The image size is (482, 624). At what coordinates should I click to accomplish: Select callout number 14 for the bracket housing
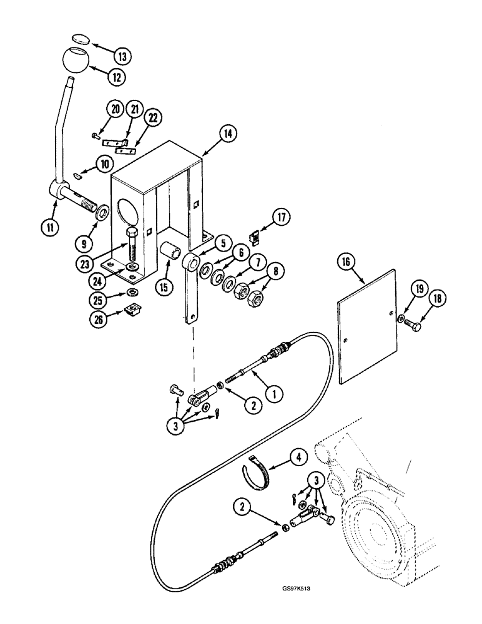(227, 132)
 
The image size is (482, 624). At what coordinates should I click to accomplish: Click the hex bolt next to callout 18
(413, 324)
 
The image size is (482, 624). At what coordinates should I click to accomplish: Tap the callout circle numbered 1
(272, 394)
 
